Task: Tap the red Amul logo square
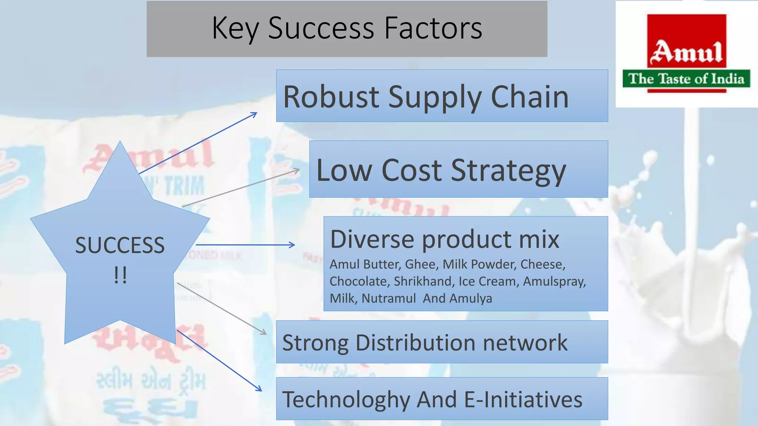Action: pyautogui.click(x=687, y=41)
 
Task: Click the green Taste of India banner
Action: pyautogui.click(x=686, y=79)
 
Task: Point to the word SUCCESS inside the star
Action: pyautogui.click(x=120, y=245)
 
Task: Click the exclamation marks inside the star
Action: pyautogui.click(x=120, y=275)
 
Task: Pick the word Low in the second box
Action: pyautogui.click(x=344, y=170)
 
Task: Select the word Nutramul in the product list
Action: pyautogui.click(x=389, y=298)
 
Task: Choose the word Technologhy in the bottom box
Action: pyautogui.click(x=346, y=400)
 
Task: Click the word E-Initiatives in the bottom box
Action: pyautogui.click(x=523, y=400)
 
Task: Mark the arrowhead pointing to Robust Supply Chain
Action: pyautogui.click(x=255, y=114)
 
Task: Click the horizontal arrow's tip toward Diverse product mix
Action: pyautogui.click(x=293, y=245)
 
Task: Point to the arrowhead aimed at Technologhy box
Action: pyautogui.click(x=259, y=389)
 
